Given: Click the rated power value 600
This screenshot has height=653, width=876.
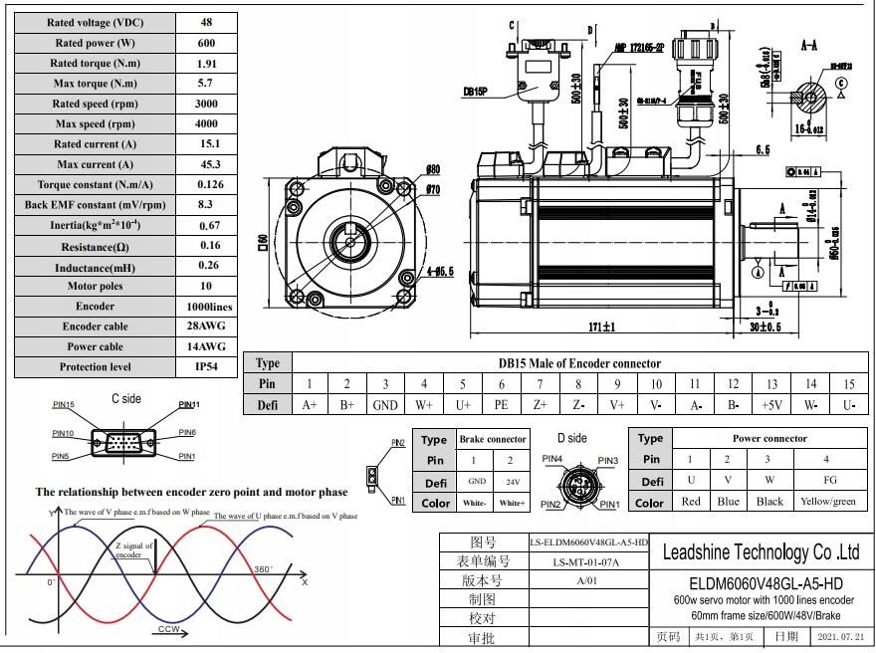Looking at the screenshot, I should [207, 43].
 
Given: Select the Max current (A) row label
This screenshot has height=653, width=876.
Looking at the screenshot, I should [95, 164].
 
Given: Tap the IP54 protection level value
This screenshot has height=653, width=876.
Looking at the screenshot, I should [208, 366].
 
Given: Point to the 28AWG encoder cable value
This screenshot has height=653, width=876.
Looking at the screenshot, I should [208, 326].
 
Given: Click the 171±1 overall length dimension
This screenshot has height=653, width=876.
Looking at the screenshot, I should [600, 326].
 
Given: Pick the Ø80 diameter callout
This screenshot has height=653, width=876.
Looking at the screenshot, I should [433, 170].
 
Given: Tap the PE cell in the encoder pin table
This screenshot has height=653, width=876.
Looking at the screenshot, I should [501, 405].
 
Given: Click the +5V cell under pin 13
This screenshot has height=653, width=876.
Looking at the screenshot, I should [771, 405].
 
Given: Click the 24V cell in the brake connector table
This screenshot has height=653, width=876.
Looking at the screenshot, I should [513, 481].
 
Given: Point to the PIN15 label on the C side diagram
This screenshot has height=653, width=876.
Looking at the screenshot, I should [64, 405].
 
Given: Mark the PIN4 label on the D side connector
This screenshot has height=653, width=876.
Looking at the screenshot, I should [550, 459].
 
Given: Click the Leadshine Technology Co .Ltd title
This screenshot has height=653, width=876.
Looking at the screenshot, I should [762, 552].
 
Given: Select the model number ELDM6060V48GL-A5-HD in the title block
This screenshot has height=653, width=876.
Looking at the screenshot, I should [762, 582].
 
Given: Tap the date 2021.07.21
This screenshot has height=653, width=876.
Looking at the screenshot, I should [840, 636].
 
